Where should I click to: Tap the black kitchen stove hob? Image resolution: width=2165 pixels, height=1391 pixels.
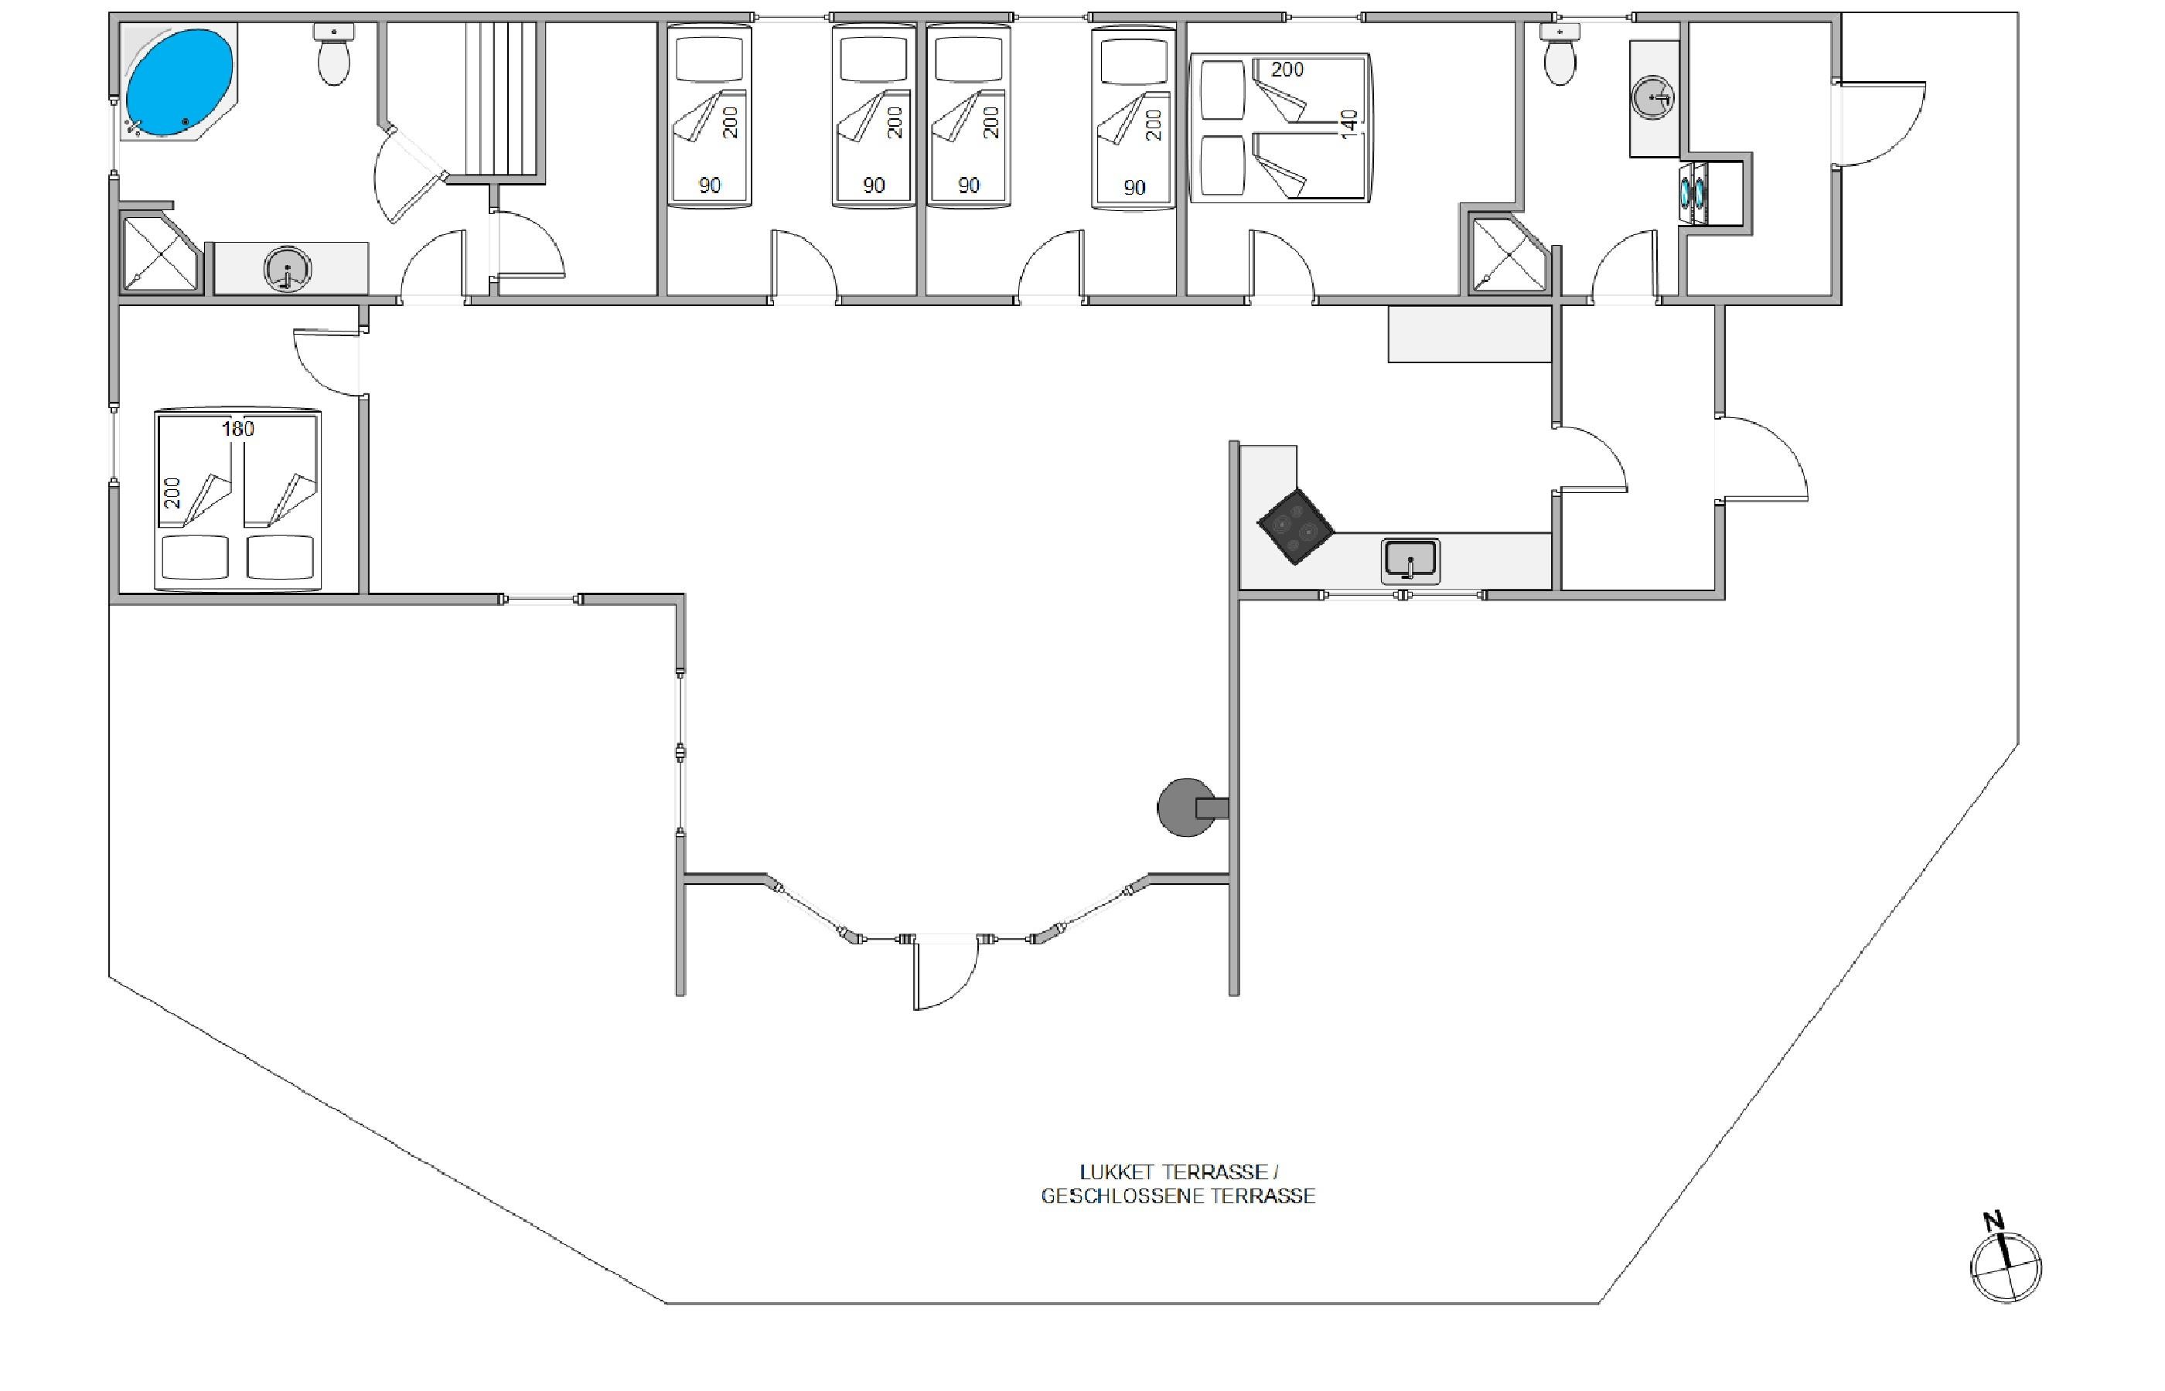[1296, 526]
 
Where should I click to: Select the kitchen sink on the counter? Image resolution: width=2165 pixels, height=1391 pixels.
[1410, 561]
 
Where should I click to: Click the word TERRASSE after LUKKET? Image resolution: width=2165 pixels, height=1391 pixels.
[1215, 1172]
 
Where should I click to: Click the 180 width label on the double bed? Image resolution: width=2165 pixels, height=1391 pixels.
[239, 429]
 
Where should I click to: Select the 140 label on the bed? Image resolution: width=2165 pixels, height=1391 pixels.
[1349, 124]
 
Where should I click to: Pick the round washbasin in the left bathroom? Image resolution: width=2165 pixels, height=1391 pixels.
[288, 269]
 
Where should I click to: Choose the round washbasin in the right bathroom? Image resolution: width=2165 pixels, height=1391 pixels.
[1655, 97]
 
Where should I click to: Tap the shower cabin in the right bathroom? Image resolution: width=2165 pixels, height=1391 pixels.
[1510, 256]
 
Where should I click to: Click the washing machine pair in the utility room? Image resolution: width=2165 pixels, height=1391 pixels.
[1693, 193]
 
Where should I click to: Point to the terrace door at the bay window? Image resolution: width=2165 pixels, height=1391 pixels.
[945, 974]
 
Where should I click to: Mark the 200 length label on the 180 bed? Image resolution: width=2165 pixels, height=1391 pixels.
[173, 493]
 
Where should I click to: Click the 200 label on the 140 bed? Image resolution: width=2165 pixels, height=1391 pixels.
[1287, 70]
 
